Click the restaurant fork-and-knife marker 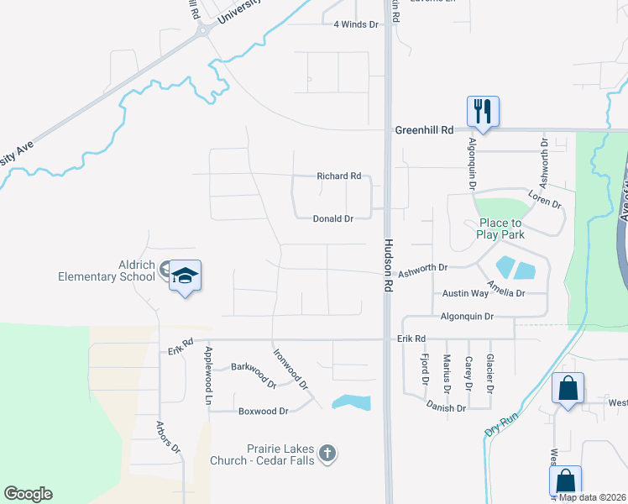coord(483,110)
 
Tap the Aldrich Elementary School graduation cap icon coord(185,277)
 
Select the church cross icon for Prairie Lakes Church coord(327,454)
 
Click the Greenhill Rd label coord(424,130)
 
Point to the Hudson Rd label coord(389,263)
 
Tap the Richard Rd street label coord(338,176)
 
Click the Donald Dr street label coord(332,218)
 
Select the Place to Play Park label coord(501,228)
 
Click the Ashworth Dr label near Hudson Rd coord(423,267)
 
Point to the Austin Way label coord(465,293)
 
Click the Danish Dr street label coord(446,408)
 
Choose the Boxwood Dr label coord(263,412)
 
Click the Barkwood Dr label coord(254,374)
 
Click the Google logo coord(28,494)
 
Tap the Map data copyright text coord(591,497)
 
